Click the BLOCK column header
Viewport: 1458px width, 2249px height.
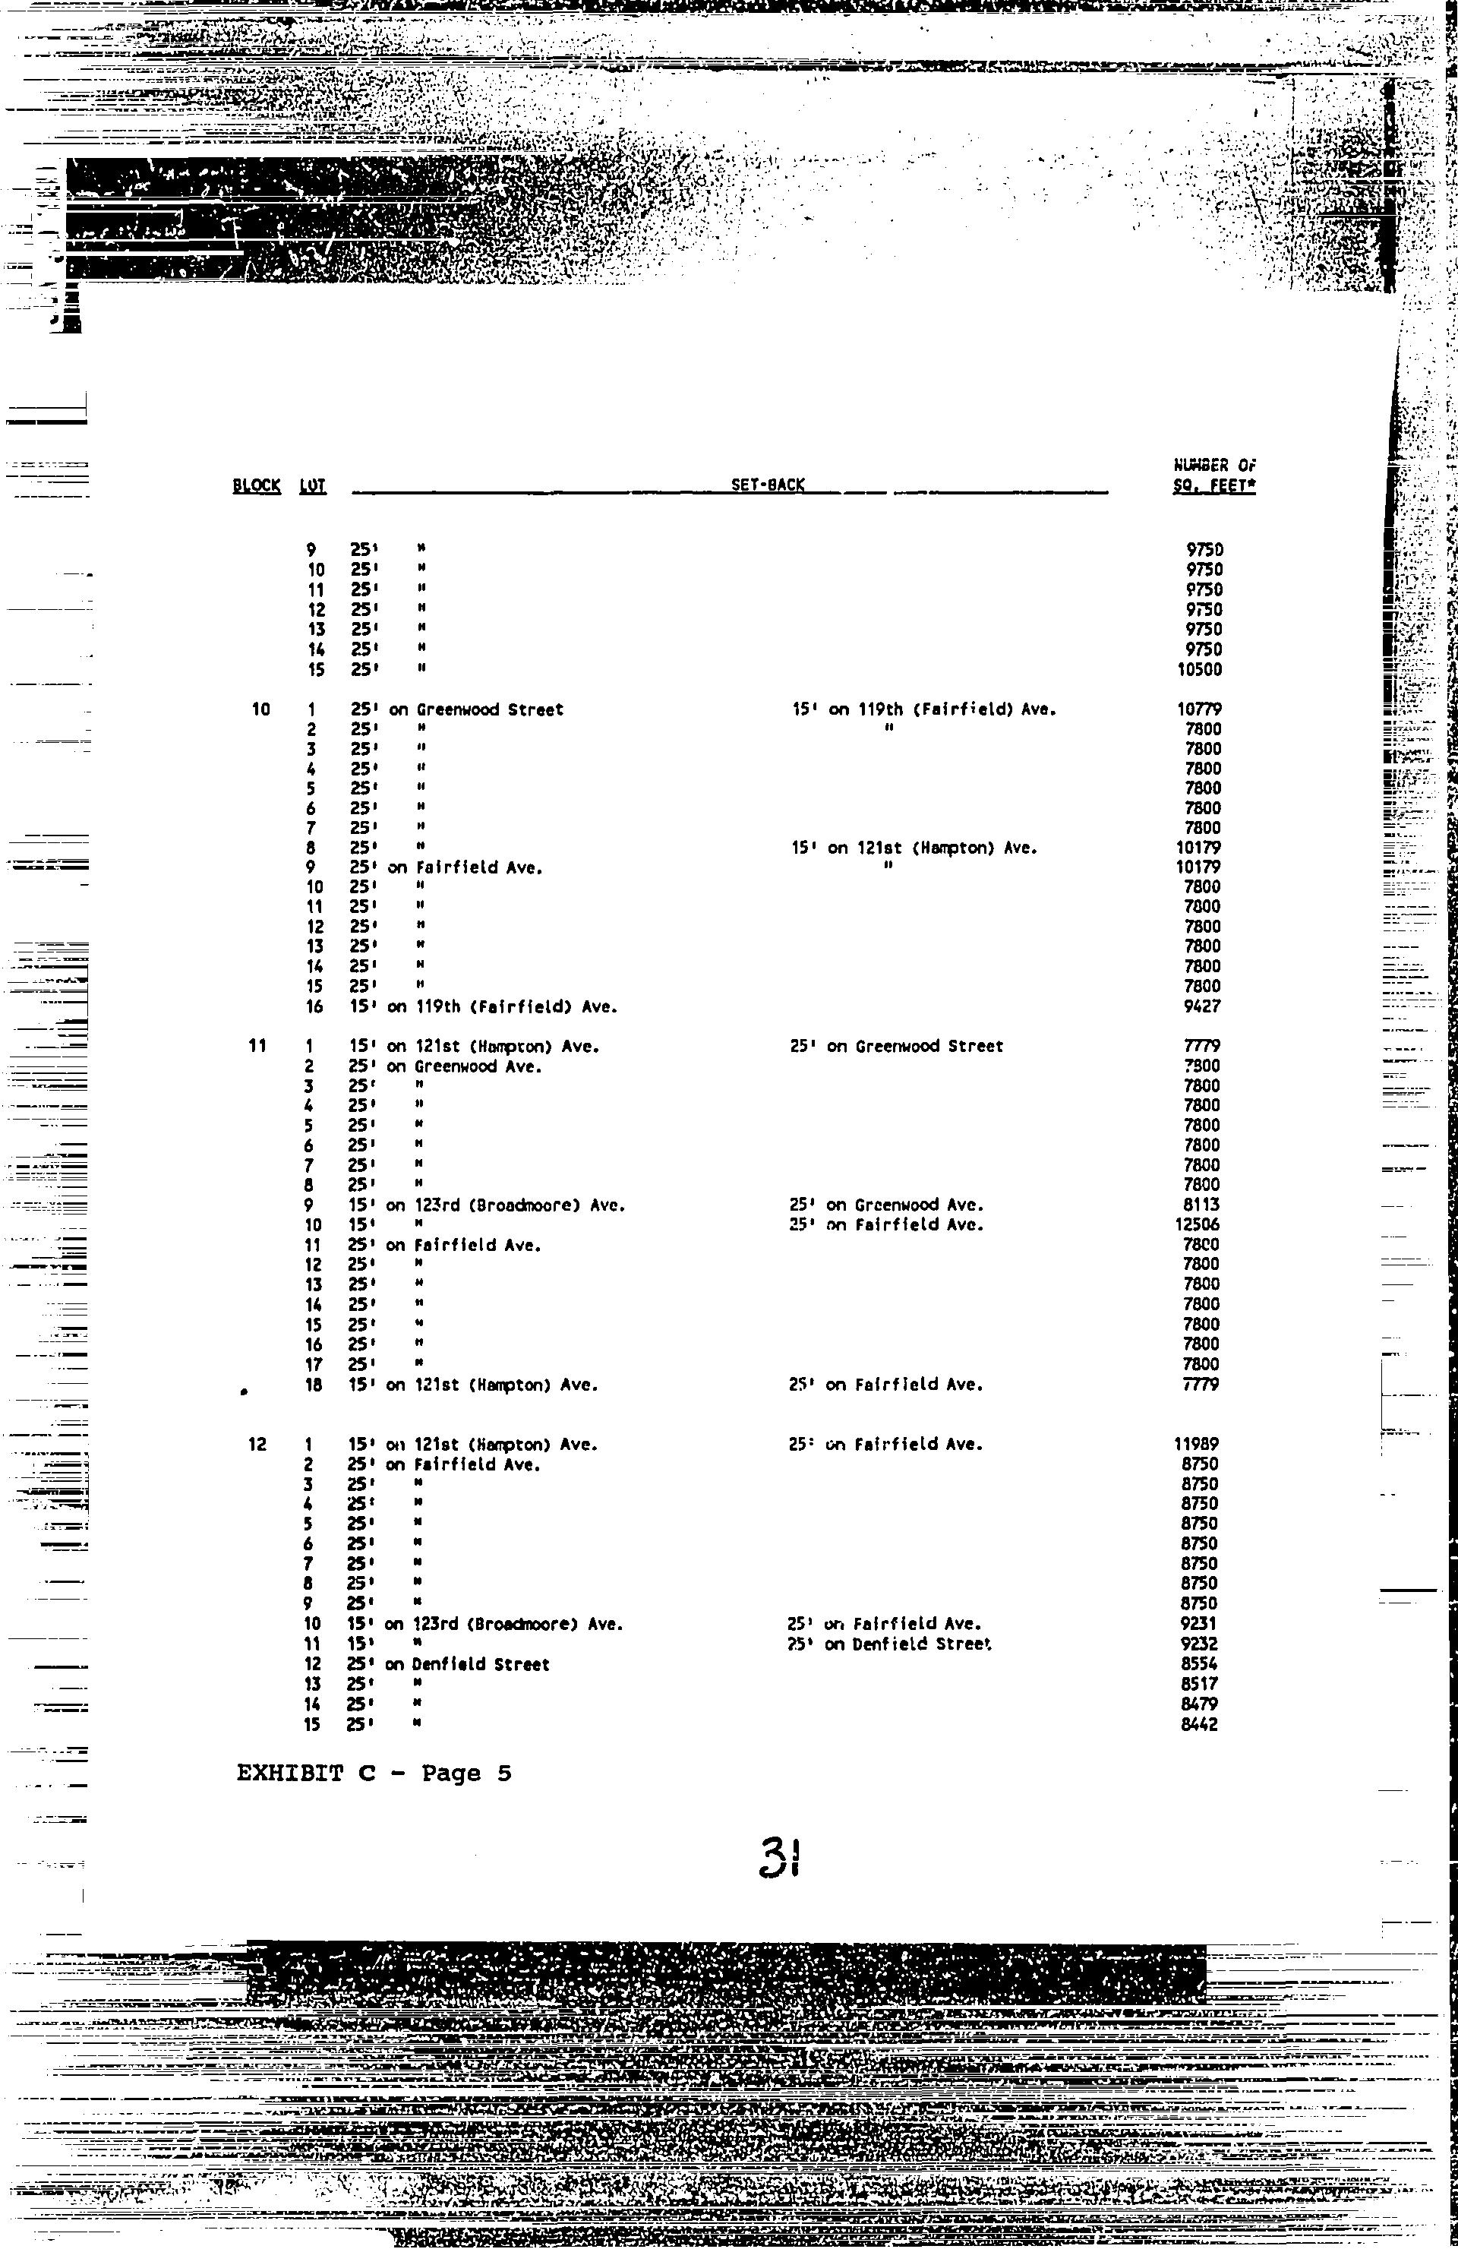[256, 485]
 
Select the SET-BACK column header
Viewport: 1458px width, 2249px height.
[767, 485]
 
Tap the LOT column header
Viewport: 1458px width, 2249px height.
[313, 485]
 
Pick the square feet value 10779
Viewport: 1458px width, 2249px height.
[1199, 709]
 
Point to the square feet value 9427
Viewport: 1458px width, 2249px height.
[1202, 1006]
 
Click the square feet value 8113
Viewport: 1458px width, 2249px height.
[1201, 1205]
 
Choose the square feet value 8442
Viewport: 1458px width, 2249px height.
[1199, 1723]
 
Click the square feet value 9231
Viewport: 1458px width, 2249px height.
[1198, 1623]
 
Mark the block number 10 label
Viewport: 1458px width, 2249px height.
[260, 709]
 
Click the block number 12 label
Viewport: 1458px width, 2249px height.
[257, 1444]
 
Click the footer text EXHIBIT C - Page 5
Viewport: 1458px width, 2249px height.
[374, 1773]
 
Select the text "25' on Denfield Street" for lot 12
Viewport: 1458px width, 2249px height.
[448, 1664]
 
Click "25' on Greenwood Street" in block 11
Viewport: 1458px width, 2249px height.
[896, 1046]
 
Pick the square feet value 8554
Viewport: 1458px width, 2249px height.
[1199, 1664]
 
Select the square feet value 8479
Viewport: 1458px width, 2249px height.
[1199, 1704]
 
